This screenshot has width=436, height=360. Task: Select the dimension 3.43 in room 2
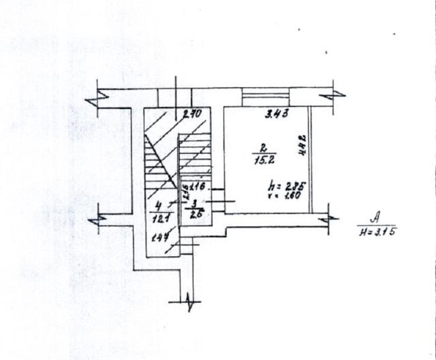pos(277,113)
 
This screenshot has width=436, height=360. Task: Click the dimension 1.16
pos(198,186)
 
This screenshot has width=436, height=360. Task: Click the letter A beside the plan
pos(374,218)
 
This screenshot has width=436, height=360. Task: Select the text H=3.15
pos(377,232)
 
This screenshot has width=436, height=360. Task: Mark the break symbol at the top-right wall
pos(330,94)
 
